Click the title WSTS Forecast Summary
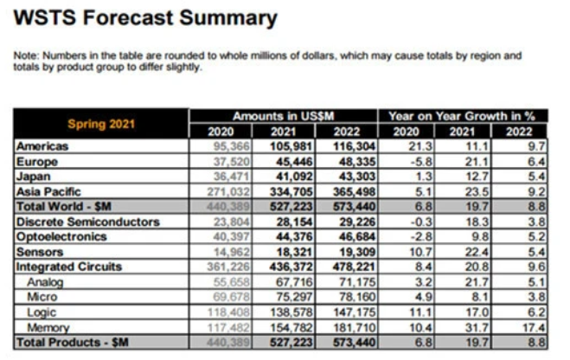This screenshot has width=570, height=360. coord(146,18)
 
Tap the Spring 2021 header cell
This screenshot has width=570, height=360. coord(101,124)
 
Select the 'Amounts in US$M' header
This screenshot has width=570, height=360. coord(283,116)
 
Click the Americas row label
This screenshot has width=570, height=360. coord(42,147)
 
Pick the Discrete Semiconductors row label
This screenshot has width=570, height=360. coord(84,221)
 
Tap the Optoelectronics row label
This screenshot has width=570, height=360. coord(59,234)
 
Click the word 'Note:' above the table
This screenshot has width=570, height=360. coord(28,56)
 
